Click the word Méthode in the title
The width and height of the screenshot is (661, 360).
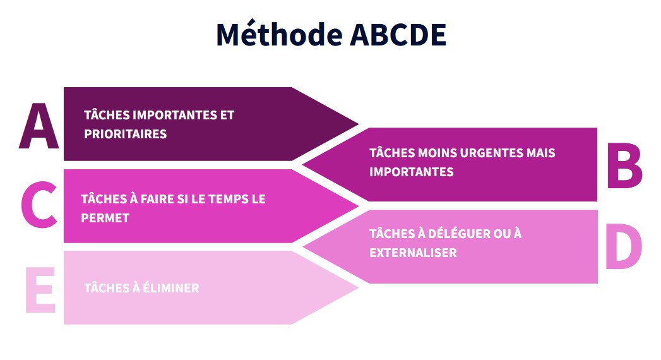click(x=279, y=34)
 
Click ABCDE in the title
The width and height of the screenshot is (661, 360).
click(x=398, y=35)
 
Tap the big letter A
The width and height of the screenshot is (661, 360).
click(x=39, y=126)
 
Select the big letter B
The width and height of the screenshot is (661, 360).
click(x=625, y=165)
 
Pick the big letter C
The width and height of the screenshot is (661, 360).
click(x=39, y=204)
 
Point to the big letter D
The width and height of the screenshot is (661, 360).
click(x=624, y=246)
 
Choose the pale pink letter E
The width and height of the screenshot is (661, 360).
click(x=40, y=290)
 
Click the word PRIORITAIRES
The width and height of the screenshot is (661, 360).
click(x=125, y=134)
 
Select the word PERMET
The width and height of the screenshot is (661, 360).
click(x=105, y=218)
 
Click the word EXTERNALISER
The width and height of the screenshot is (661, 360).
click(x=413, y=253)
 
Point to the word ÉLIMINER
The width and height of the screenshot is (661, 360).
click(x=170, y=288)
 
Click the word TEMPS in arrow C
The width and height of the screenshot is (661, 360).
click(x=228, y=199)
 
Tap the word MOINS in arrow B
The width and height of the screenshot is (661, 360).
click(x=437, y=153)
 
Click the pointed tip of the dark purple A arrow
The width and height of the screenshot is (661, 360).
click(x=359, y=124)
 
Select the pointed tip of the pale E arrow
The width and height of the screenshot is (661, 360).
click(x=359, y=288)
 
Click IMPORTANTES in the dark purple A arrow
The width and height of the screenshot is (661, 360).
click(x=175, y=115)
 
